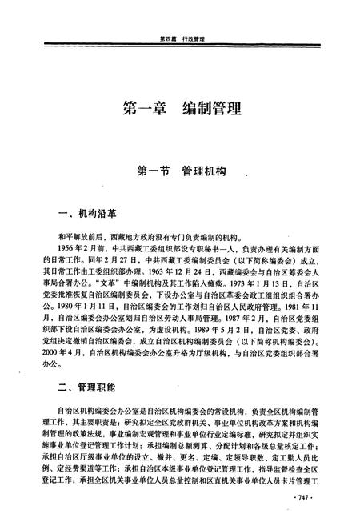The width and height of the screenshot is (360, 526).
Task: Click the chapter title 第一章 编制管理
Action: tap(181, 109)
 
